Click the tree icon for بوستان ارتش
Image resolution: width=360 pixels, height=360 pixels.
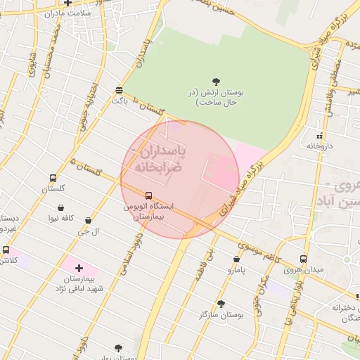point(215,80)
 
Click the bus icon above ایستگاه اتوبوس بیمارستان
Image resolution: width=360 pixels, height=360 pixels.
point(148,195)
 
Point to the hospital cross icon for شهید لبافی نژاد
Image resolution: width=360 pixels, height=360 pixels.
point(78,268)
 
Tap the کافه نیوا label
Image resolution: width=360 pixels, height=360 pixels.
point(63,219)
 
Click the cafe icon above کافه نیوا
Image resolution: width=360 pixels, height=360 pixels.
point(62,208)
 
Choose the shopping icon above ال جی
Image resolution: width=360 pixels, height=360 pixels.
point(88,220)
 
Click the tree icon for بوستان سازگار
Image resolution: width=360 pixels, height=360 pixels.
point(221,304)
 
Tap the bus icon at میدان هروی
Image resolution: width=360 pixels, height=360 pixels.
point(303,259)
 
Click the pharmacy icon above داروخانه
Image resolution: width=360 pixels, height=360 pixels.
point(319,135)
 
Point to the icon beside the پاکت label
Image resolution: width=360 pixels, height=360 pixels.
point(119,90)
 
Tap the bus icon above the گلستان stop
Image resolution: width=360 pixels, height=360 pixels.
point(53,178)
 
